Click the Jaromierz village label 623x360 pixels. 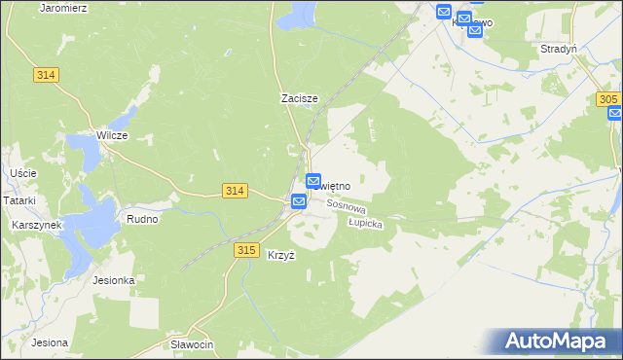[63, 7]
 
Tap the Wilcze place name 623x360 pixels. [112, 135]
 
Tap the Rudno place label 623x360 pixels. [142, 219]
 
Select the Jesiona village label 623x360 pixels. [49, 342]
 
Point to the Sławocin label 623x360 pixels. [192, 345]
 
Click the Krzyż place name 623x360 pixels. [280, 255]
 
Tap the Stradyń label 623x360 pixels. [559, 48]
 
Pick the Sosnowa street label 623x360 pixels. [346, 206]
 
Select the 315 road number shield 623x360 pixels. [246, 250]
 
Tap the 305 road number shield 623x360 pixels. [608, 100]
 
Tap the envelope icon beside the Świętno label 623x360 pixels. [313, 181]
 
